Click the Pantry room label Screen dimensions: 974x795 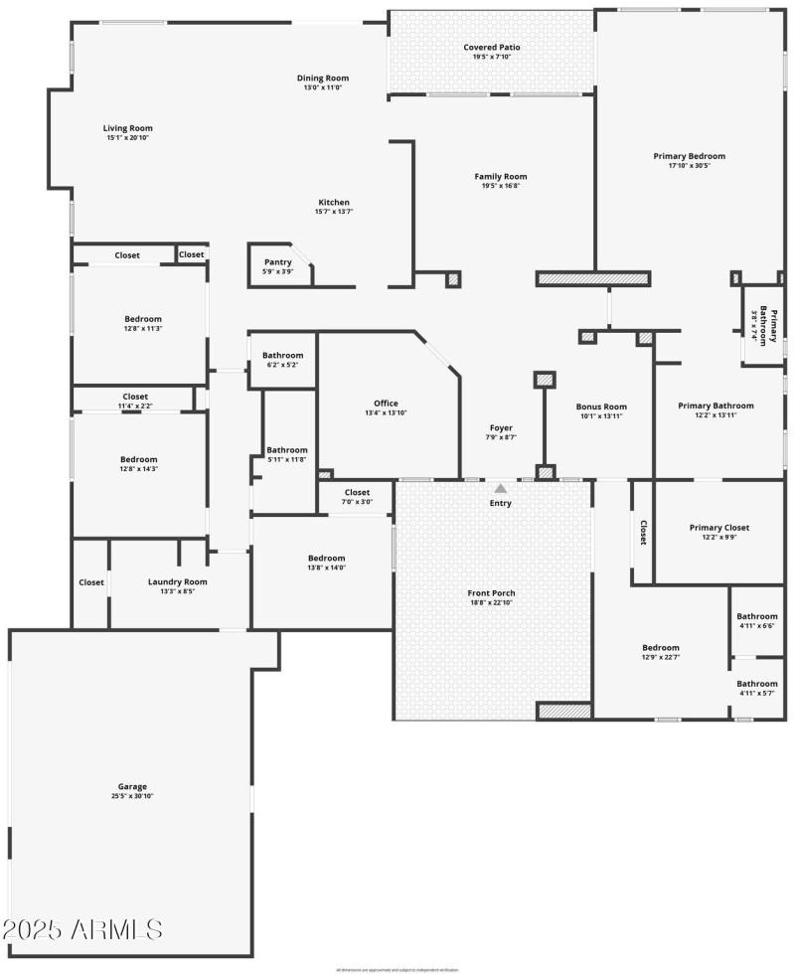277,262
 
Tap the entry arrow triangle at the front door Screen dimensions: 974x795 501,488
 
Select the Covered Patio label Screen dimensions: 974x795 492,47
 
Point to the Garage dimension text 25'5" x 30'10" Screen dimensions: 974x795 132,796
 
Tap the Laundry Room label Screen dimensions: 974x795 177,582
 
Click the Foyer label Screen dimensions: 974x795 501,427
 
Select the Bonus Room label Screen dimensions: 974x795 601,406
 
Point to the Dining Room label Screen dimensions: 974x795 323,78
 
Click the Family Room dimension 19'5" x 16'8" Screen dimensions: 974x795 501,186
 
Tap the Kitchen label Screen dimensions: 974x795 333,202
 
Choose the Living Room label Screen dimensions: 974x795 128,127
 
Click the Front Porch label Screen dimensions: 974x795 492,592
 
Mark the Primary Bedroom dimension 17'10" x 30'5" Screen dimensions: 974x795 689,166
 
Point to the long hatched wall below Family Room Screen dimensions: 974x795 593,278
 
